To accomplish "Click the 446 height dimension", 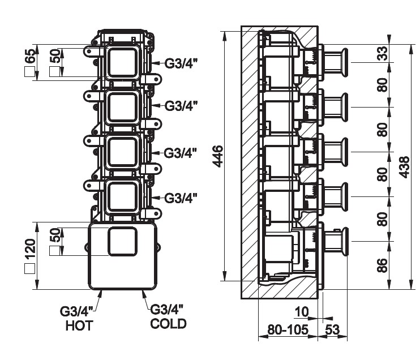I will [217, 156].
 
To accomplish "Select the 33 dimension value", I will [383, 54].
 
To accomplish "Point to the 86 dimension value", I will [383, 264].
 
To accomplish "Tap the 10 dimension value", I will [302, 311].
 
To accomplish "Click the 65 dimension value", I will [31, 57].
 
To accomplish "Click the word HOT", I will [78, 325].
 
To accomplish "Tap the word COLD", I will [168, 324].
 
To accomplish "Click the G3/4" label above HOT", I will [78, 311].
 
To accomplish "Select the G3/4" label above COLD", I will [168, 310].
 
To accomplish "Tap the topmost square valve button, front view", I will [122, 63].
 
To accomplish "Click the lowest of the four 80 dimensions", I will [383, 218].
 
